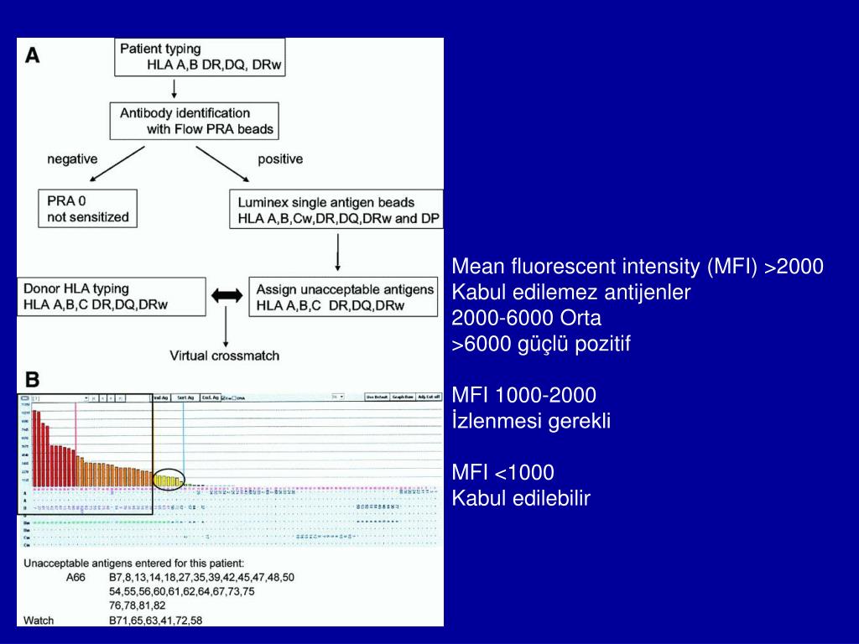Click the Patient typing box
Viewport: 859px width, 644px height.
200,56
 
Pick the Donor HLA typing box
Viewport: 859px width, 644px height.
111,297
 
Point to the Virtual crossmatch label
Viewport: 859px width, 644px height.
225,356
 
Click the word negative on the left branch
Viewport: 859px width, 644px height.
72,158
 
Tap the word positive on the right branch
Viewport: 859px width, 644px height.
279,158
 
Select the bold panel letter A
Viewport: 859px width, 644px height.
32,55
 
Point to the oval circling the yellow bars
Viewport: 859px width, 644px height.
169,480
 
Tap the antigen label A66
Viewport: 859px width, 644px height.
76,578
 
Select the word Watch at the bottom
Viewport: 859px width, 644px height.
39,621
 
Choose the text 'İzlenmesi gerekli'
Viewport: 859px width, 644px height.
531,421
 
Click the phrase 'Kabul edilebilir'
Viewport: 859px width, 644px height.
521,498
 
